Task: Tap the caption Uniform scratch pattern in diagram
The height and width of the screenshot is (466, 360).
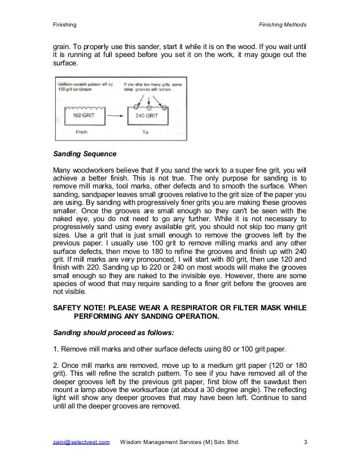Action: point(81,85)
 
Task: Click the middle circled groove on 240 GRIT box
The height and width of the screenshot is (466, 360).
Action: point(149,103)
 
